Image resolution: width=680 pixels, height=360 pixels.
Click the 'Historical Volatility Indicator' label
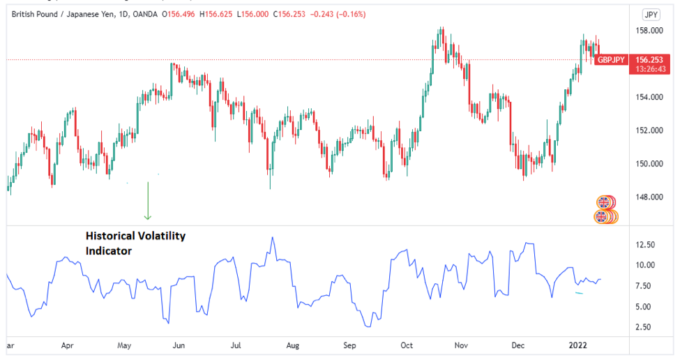[x=135, y=243]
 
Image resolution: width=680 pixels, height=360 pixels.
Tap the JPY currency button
[x=651, y=14]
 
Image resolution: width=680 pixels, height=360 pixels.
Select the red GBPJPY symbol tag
[x=611, y=60]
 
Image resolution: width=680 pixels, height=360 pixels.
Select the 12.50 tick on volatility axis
[x=644, y=245]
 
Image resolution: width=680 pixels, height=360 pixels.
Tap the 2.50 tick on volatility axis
[x=644, y=327]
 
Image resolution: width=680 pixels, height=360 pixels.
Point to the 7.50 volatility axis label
[x=644, y=286]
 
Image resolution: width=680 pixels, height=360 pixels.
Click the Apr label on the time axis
[x=68, y=345]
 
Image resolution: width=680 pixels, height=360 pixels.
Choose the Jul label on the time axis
[x=236, y=345]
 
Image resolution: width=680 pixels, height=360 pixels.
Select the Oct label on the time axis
[x=407, y=345]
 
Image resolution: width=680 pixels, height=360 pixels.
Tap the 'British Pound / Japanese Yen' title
[x=68, y=14]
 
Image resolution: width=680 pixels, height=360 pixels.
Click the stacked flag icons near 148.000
[x=606, y=209]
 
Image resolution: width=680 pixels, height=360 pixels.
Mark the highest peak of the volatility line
[x=272, y=238]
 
